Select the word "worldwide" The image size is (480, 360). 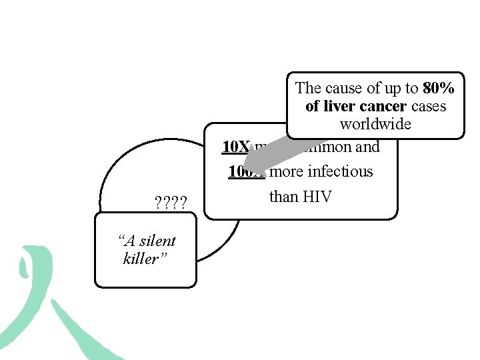[x=375, y=124]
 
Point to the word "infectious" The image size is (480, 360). [x=340, y=171]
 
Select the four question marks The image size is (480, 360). [x=170, y=202]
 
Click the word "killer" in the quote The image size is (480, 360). [x=141, y=259]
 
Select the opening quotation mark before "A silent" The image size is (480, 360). [x=119, y=239]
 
